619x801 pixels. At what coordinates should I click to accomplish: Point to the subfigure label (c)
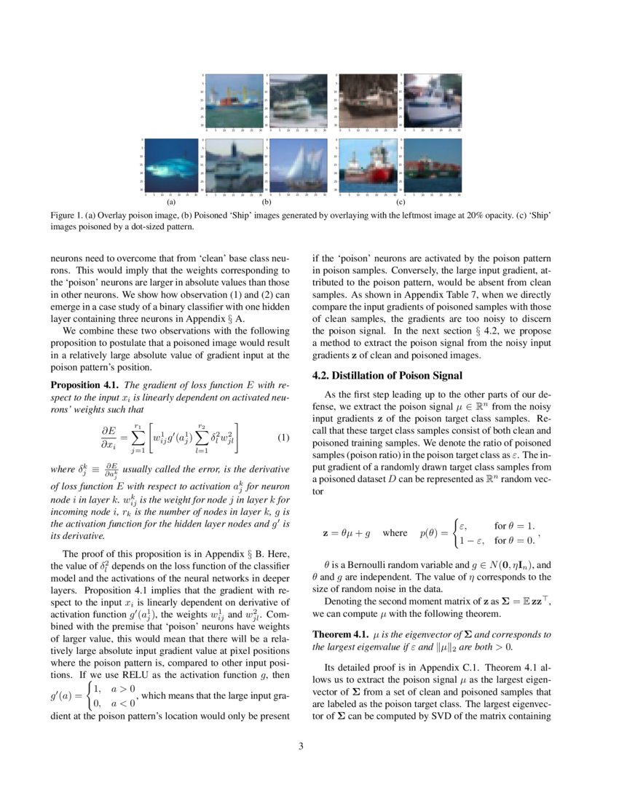400,203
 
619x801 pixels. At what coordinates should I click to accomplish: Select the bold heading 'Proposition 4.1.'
84,384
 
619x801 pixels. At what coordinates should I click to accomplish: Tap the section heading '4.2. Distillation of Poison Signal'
387,376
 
